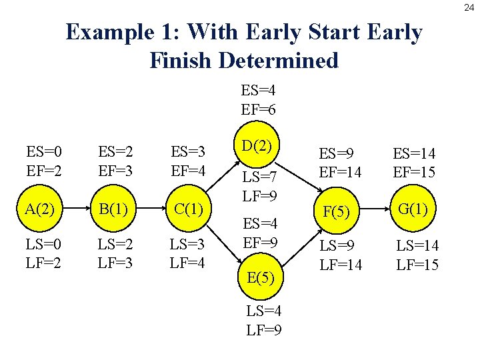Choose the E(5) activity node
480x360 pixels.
click(x=259, y=275)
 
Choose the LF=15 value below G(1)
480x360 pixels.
click(x=417, y=265)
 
